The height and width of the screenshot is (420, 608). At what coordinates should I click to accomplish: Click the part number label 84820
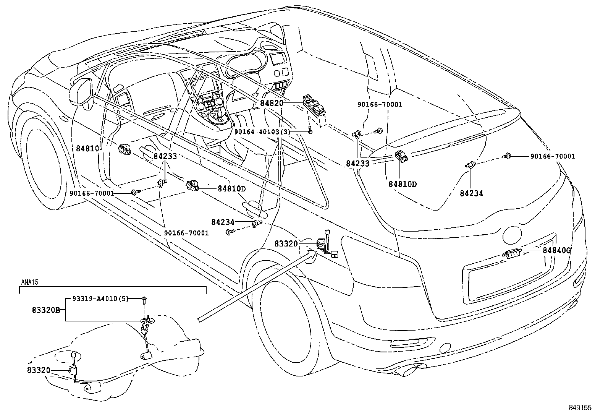pos(272,103)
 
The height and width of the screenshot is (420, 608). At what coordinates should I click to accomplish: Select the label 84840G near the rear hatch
pos(556,250)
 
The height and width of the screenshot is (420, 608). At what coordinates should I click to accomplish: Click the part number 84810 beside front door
pos(87,148)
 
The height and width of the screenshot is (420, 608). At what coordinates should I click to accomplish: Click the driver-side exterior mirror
pos(81,92)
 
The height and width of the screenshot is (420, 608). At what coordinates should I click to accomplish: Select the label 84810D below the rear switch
pos(403,184)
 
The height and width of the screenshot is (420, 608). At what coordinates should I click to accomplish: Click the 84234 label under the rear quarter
pos(471,193)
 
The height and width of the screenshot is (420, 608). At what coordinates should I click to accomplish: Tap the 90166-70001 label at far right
pos(552,156)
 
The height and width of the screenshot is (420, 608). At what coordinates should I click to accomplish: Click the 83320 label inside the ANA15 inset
pos(39,370)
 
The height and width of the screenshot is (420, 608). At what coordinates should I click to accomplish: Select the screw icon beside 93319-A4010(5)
pos(144,300)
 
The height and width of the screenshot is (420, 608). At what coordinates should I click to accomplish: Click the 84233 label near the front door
pos(165,156)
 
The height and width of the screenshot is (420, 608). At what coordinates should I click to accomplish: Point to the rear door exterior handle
pos(253,207)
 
